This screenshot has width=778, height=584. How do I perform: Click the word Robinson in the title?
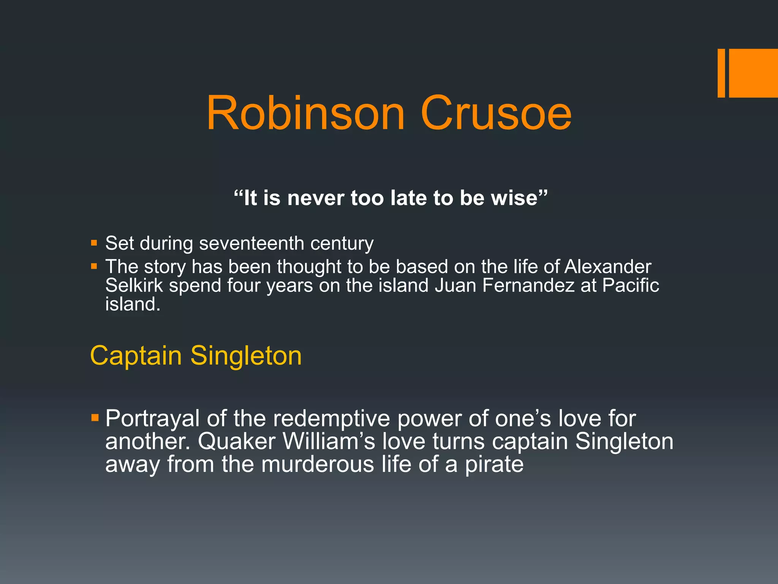(x=306, y=114)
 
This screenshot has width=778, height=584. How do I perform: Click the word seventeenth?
(x=251, y=243)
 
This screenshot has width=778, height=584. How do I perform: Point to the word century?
(x=342, y=243)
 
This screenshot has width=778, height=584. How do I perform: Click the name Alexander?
(x=608, y=267)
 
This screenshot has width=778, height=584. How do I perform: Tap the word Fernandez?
(x=528, y=285)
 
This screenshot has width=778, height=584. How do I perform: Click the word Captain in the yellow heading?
(x=136, y=356)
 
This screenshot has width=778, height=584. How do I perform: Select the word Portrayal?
(x=152, y=419)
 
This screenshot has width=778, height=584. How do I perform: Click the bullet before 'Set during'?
(x=94, y=243)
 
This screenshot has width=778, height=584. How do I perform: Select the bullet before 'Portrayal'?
(x=95, y=418)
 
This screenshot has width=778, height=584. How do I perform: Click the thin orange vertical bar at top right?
(x=721, y=73)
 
